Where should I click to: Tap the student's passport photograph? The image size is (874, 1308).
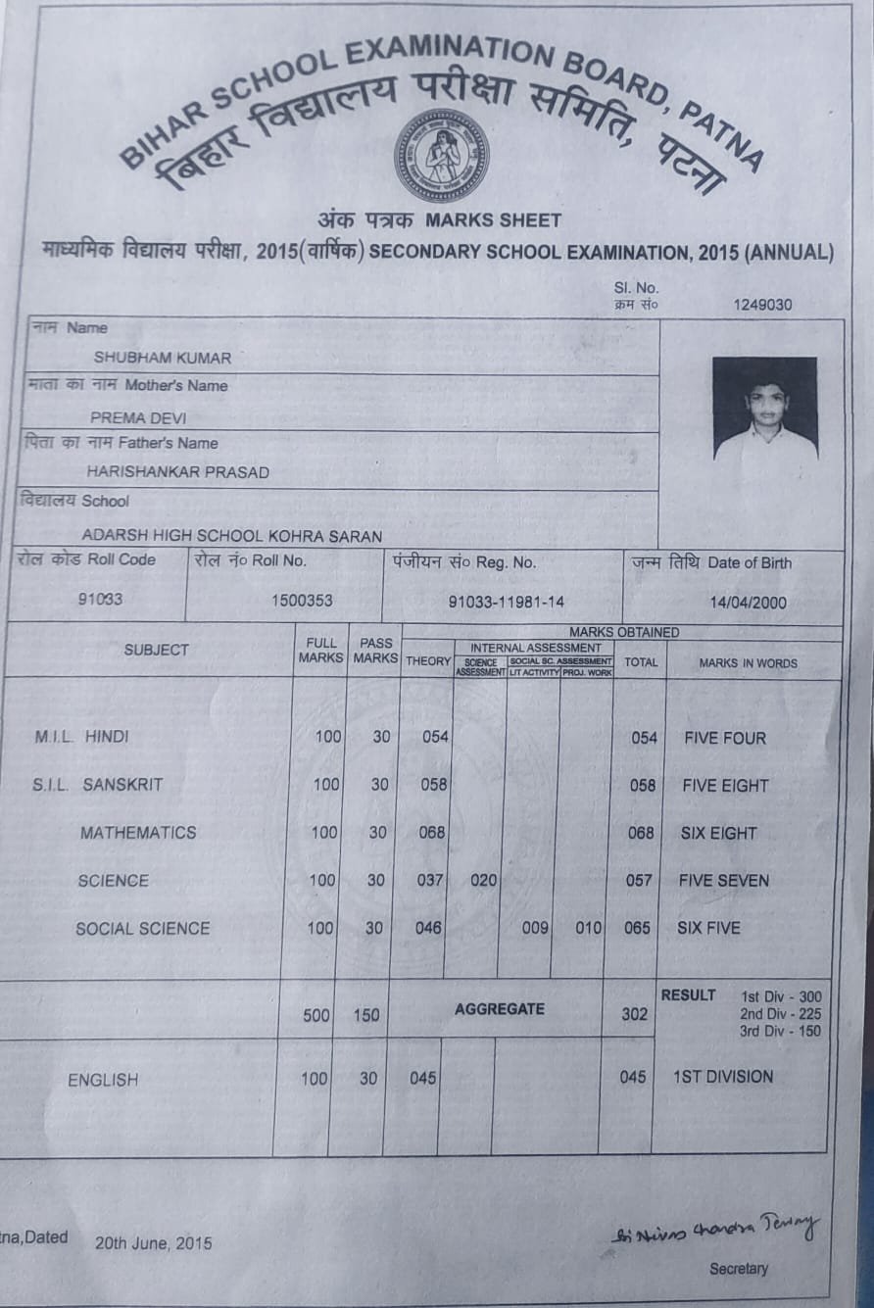tap(764, 409)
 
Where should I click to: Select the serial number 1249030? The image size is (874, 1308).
tap(762, 305)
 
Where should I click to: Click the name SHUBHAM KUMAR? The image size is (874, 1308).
tap(163, 358)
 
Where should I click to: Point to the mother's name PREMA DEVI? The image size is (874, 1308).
tap(138, 417)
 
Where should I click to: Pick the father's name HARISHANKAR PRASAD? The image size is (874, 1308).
tap(177, 472)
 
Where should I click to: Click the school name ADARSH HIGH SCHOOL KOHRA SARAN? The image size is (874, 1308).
tap(231, 536)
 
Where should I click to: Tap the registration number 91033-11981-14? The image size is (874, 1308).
tap(506, 602)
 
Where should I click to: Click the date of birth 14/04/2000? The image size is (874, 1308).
tap(748, 604)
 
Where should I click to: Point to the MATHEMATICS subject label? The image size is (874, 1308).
tap(138, 833)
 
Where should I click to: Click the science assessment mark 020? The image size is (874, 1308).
tap(484, 880)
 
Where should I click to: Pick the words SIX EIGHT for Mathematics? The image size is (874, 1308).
tap(718, 833)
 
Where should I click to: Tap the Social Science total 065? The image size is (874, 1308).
tap(637, 927)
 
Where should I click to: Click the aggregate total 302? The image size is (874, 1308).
tap(634, 1014)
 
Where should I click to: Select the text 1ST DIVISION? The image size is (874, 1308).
tap(723, 1077)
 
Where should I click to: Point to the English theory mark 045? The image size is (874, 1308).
tap(423, 1078)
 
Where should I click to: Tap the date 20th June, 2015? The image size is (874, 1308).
tap(153, 1243)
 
